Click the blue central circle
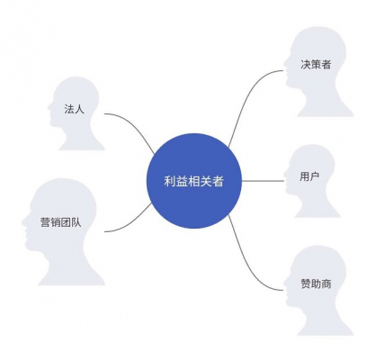(194, 181)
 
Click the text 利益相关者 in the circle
(193, 181)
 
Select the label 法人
(75, 109)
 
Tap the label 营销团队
(61, 222)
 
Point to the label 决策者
(316, 65)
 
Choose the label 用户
(309, 176)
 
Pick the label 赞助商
(316, 283)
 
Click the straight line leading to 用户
(263, 181)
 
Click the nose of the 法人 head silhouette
(49, 107)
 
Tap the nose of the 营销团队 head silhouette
(23, 222)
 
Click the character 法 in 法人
(69, 109)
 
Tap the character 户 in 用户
(314, 176)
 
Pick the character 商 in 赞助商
(327, 283)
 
